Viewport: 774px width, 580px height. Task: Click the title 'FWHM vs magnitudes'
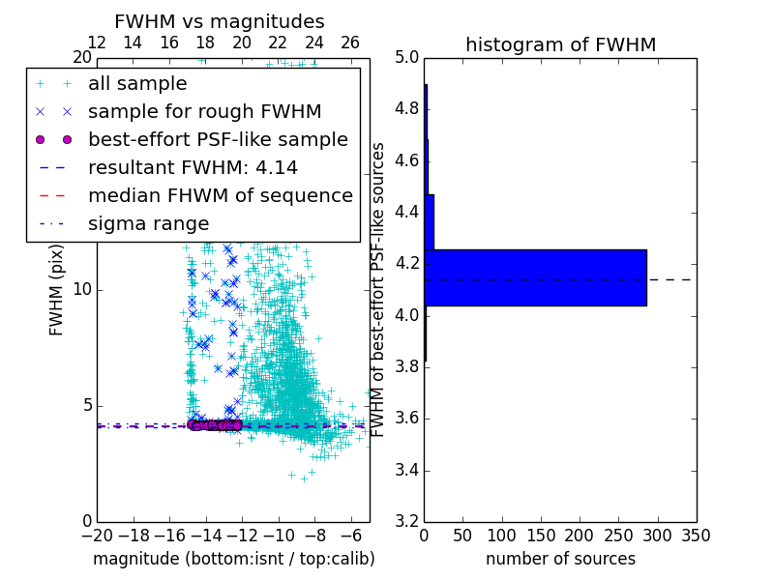(220, 21)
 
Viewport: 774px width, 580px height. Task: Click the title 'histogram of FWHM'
(560, 44)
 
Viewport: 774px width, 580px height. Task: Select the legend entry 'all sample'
(137, 84)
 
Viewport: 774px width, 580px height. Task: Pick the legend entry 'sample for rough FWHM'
(204, 111)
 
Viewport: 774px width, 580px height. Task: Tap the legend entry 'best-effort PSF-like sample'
(218, 139)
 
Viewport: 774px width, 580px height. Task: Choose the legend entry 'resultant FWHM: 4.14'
(193, 167)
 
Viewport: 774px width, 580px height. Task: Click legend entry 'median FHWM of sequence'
(220, 195)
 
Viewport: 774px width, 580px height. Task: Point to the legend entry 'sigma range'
(148, 223)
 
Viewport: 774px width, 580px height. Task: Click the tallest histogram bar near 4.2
(535, 277)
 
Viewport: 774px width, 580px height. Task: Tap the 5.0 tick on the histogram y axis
(407, 57)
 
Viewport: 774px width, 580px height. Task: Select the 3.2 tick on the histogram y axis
(407, 521)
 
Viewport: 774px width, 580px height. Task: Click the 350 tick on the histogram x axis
(696, 536)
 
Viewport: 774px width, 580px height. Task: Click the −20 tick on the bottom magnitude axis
(97, 536)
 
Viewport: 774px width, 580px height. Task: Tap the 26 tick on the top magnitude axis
(350, 43)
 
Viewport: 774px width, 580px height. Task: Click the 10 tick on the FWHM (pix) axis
(82, 289)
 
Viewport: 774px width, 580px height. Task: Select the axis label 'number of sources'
(560, 559)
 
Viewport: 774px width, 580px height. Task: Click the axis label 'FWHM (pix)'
(57, 290)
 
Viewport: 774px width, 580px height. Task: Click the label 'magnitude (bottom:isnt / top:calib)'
(233, 559)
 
